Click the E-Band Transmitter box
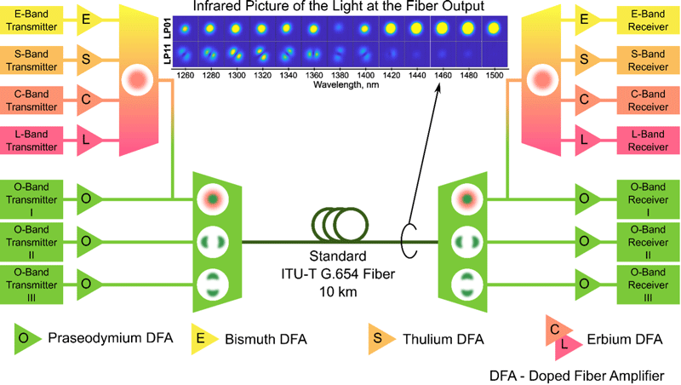32,18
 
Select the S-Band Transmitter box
32,60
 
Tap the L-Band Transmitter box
32,141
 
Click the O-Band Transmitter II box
32,239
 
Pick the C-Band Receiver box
648,100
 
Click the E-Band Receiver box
648,18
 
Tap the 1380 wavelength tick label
337,76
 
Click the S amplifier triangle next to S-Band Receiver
583,60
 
